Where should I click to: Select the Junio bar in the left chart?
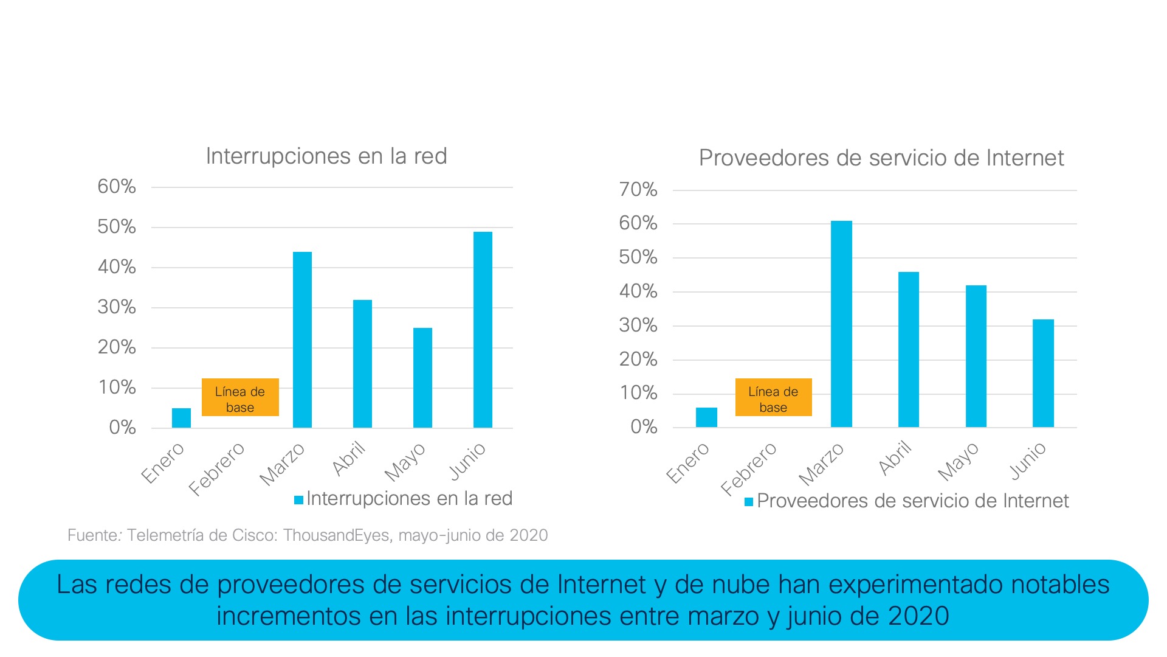click(x=483, y=329)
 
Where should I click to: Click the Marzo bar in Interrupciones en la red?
click(x=302, y=339)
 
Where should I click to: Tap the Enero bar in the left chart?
click(x=181, y=418)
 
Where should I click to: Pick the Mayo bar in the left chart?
click(x=422, y=377)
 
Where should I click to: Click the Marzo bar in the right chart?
click(x=841, y=324)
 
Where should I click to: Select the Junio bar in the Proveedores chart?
click(x=1043, y=373)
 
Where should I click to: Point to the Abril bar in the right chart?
click(x=909, y=349)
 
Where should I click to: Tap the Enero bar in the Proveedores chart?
click(x=706, y=417)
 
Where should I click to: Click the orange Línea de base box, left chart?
click(x=240, y=397)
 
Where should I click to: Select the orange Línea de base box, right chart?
click(x=773, y=397)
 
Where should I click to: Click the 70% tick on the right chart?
click(x=638, y=190)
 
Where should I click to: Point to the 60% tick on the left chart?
click(x=117, y=187)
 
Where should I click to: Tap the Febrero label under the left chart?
click(x=216, y=468)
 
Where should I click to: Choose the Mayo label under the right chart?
click(x=958, y=462)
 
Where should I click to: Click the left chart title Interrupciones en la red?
click(x=326, y=156)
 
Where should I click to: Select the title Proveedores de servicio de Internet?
click(x=881, y=158)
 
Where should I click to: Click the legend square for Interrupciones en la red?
click(x=298, y=500)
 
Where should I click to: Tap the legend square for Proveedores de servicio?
click(x=749, y=502)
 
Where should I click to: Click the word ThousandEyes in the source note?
click(x=336, y=535)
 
